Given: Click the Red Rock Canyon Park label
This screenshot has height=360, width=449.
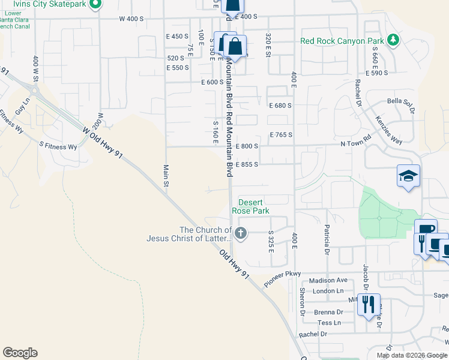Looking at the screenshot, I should click(x=342, y=41).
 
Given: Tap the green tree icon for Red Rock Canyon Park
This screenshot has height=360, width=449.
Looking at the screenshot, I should click(x=393, y=40).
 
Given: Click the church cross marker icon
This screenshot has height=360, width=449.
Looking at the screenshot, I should click(x=241, y=233).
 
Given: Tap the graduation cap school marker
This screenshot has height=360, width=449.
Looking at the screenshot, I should click(x=408, y=176).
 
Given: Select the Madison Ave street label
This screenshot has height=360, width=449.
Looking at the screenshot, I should click(x=328, y=280).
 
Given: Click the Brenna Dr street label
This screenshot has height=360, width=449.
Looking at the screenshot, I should click(x=327, y=312).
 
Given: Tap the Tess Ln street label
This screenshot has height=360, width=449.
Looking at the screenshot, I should click(x=328, y=323).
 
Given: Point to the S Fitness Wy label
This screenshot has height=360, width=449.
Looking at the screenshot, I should click(x=58, y=146).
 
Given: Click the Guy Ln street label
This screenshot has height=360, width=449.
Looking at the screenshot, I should click(x=22, y=109).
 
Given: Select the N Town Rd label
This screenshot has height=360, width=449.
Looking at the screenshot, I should click(x=356, y=145).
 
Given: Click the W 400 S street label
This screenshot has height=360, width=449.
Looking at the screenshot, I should click(x=131, y=19).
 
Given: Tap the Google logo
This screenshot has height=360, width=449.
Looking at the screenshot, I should click(x=20, y=353).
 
